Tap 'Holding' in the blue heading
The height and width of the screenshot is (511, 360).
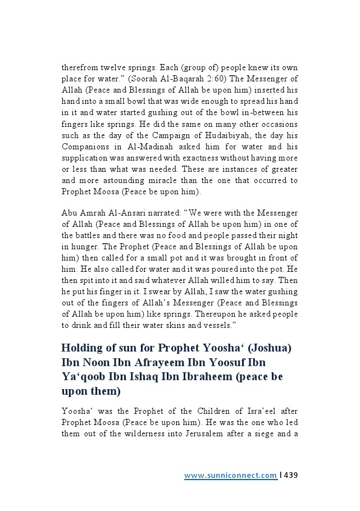[x=83, y=348]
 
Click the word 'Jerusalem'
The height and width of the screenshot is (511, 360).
[x=202, y=434]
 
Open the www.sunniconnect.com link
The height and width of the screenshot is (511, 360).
[x=230, y=476]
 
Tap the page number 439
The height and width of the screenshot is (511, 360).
[x=290, y=476]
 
